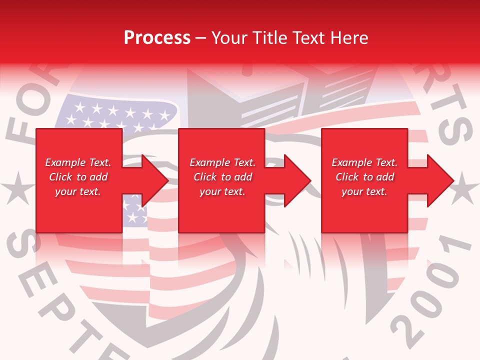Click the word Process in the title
point(157,38)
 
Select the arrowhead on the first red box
point(152,180)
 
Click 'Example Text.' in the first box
point(78,162)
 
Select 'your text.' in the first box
point(78,191)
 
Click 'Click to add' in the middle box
point(222,177)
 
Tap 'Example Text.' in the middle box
point(222,162)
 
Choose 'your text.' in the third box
point(364,191)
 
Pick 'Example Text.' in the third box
point(364,162)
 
